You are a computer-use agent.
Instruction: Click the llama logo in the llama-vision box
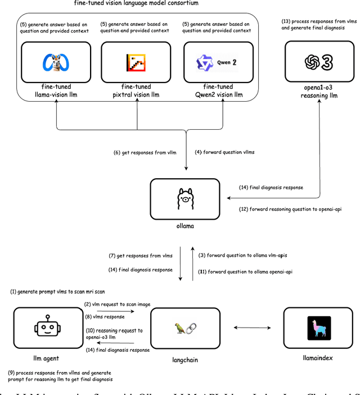coord(55,62)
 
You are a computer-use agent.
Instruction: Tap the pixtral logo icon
coord(137,62)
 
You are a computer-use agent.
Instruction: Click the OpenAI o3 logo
coord(319,62)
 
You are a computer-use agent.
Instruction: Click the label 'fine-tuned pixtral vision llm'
coord(136,90)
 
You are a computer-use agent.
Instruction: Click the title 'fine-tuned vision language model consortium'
coord(136,3)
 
